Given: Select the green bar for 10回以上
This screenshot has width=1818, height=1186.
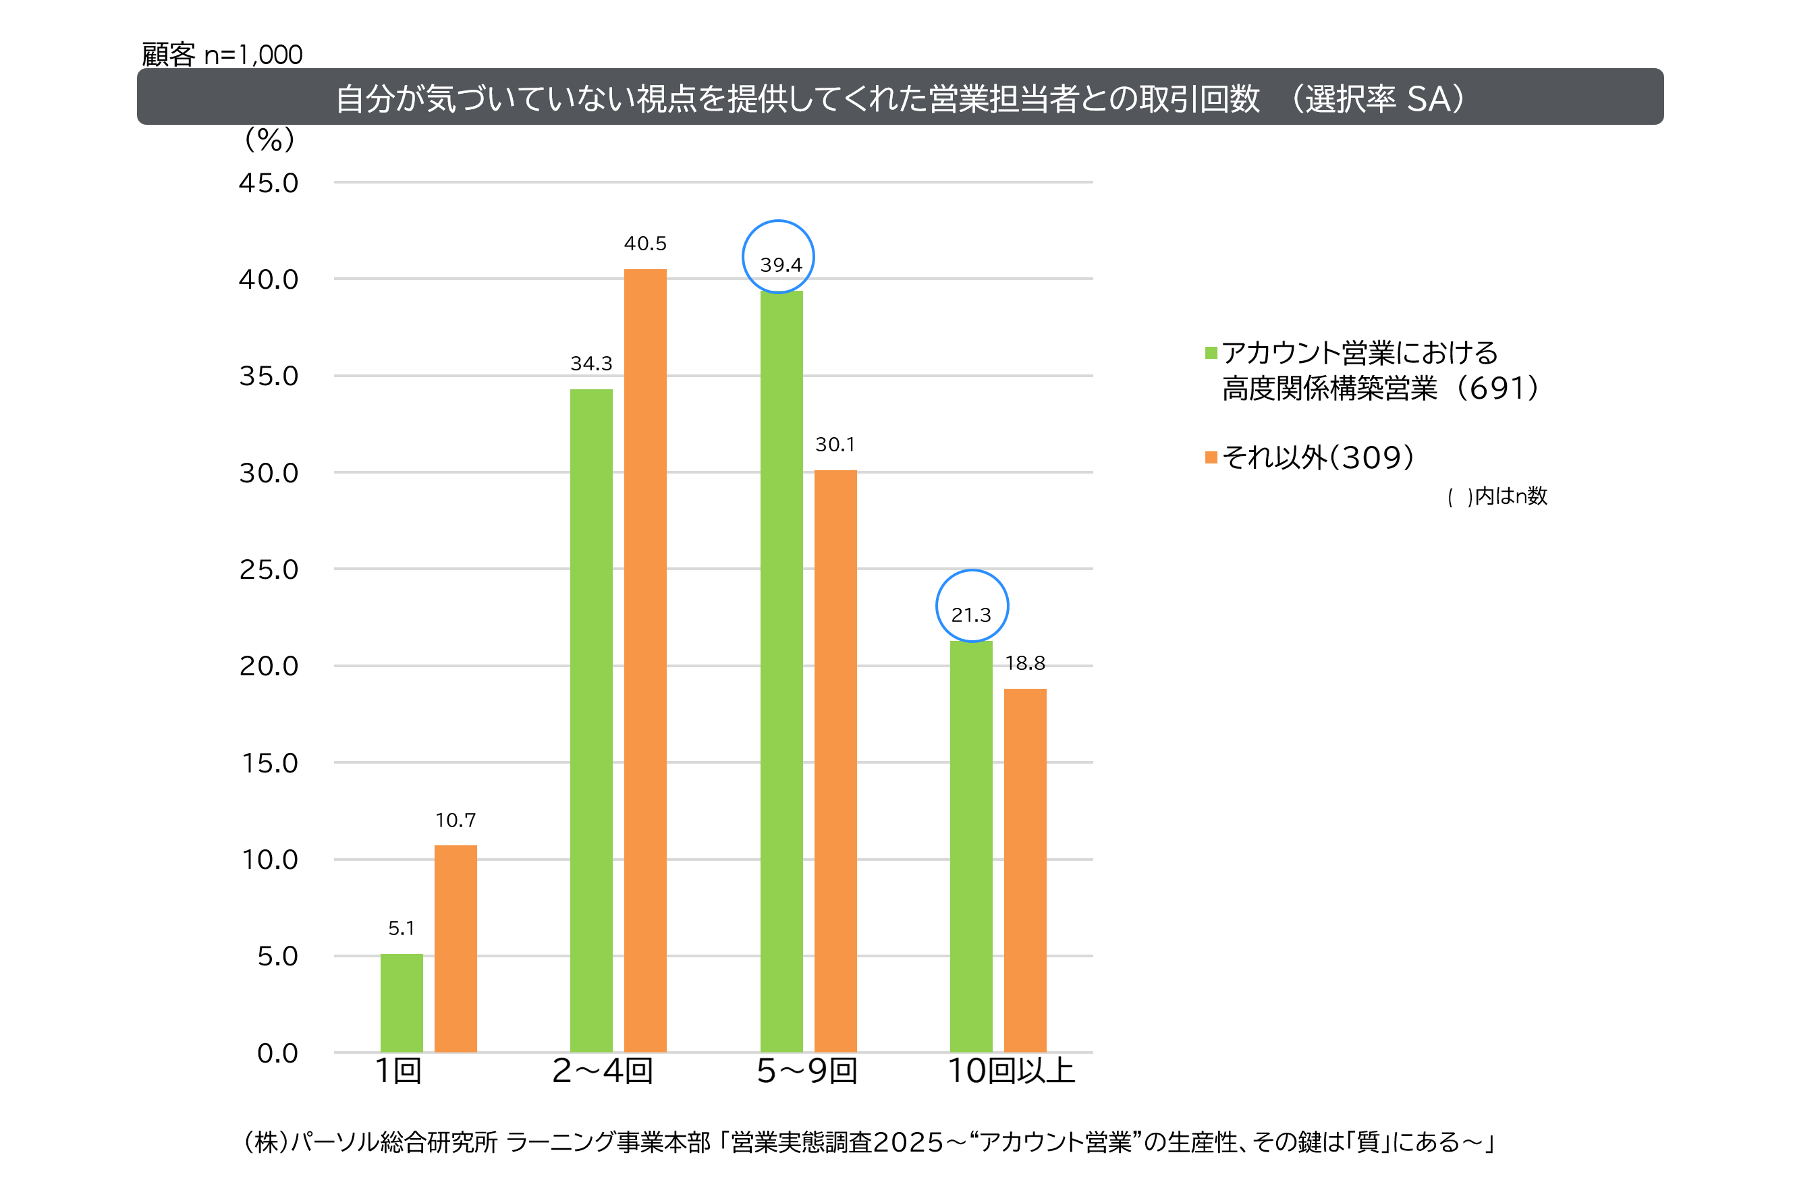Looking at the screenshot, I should pos(971,846).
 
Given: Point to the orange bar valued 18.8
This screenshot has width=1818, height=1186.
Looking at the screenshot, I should pos(1024,870).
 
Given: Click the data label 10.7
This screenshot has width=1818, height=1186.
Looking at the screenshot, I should pos(456,820).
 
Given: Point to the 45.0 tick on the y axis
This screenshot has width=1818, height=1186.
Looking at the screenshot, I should pos(268,183).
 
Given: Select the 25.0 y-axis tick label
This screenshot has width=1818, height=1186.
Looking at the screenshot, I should pos(268,569).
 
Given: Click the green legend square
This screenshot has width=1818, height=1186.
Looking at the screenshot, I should pos(1211,353).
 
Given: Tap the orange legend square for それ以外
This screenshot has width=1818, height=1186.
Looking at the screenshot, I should pos(1211,457).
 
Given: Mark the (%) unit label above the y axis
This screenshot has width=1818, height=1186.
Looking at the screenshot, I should pos(269,140).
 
